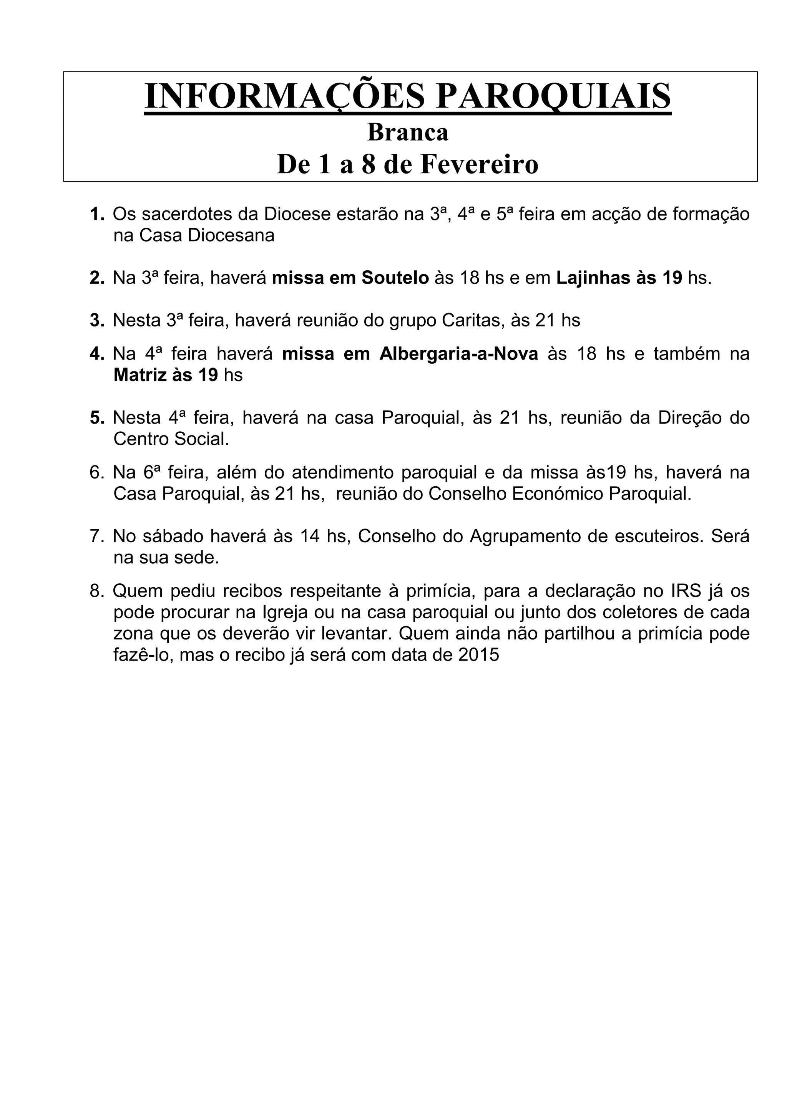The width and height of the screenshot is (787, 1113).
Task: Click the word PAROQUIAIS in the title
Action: (x=553, y=96)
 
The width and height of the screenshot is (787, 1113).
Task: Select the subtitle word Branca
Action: (x=408, y=132)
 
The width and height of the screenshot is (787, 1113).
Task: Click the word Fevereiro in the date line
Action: (x=479, y=164)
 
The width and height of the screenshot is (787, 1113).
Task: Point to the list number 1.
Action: (x=97, y=214)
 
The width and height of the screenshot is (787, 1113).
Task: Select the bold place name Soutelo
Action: (x=395, y=278)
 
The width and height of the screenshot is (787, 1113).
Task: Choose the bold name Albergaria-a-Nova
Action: (x=459, y=354)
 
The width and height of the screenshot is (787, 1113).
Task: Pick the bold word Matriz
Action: (x=139, y=375)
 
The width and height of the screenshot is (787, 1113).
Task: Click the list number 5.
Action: (x=97, y=418)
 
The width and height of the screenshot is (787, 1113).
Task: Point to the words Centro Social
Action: (x=171, y=439)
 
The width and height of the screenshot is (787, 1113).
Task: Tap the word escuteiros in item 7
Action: (x=657, y=536)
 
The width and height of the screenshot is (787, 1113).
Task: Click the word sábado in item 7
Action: (x=172, y=536)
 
